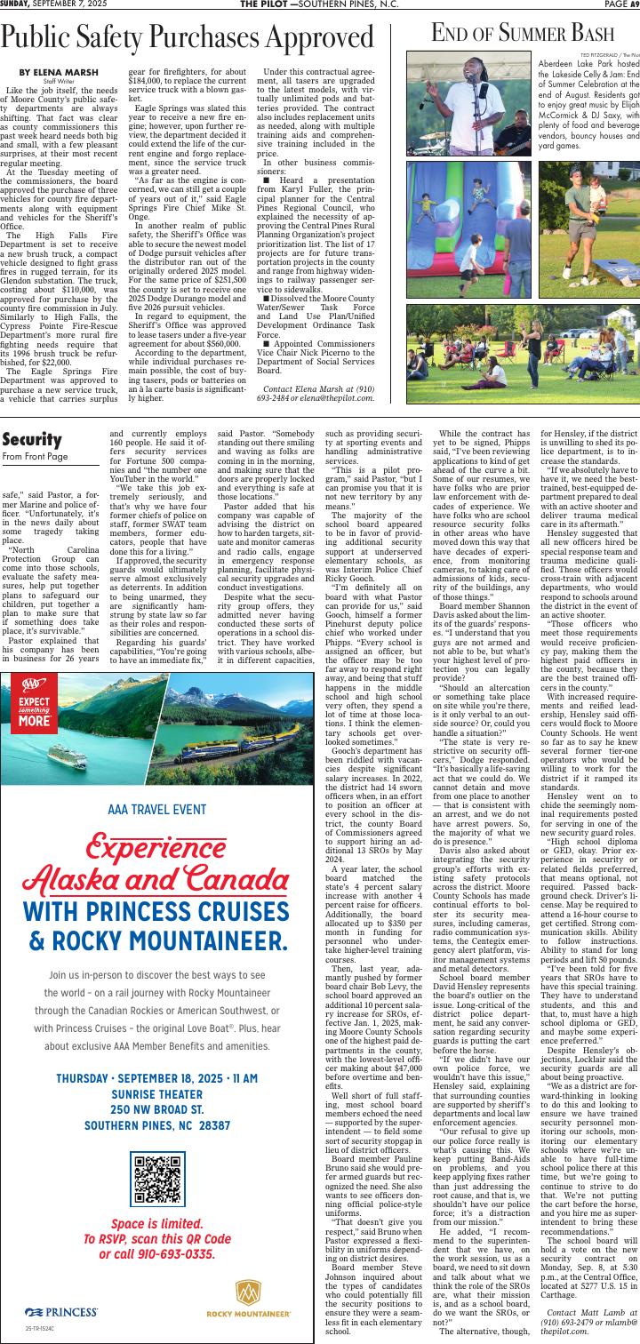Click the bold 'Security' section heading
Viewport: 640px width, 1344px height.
[31, 440]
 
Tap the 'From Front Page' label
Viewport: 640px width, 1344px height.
[35, 456]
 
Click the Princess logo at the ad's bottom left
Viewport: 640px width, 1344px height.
[60, 1311]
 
